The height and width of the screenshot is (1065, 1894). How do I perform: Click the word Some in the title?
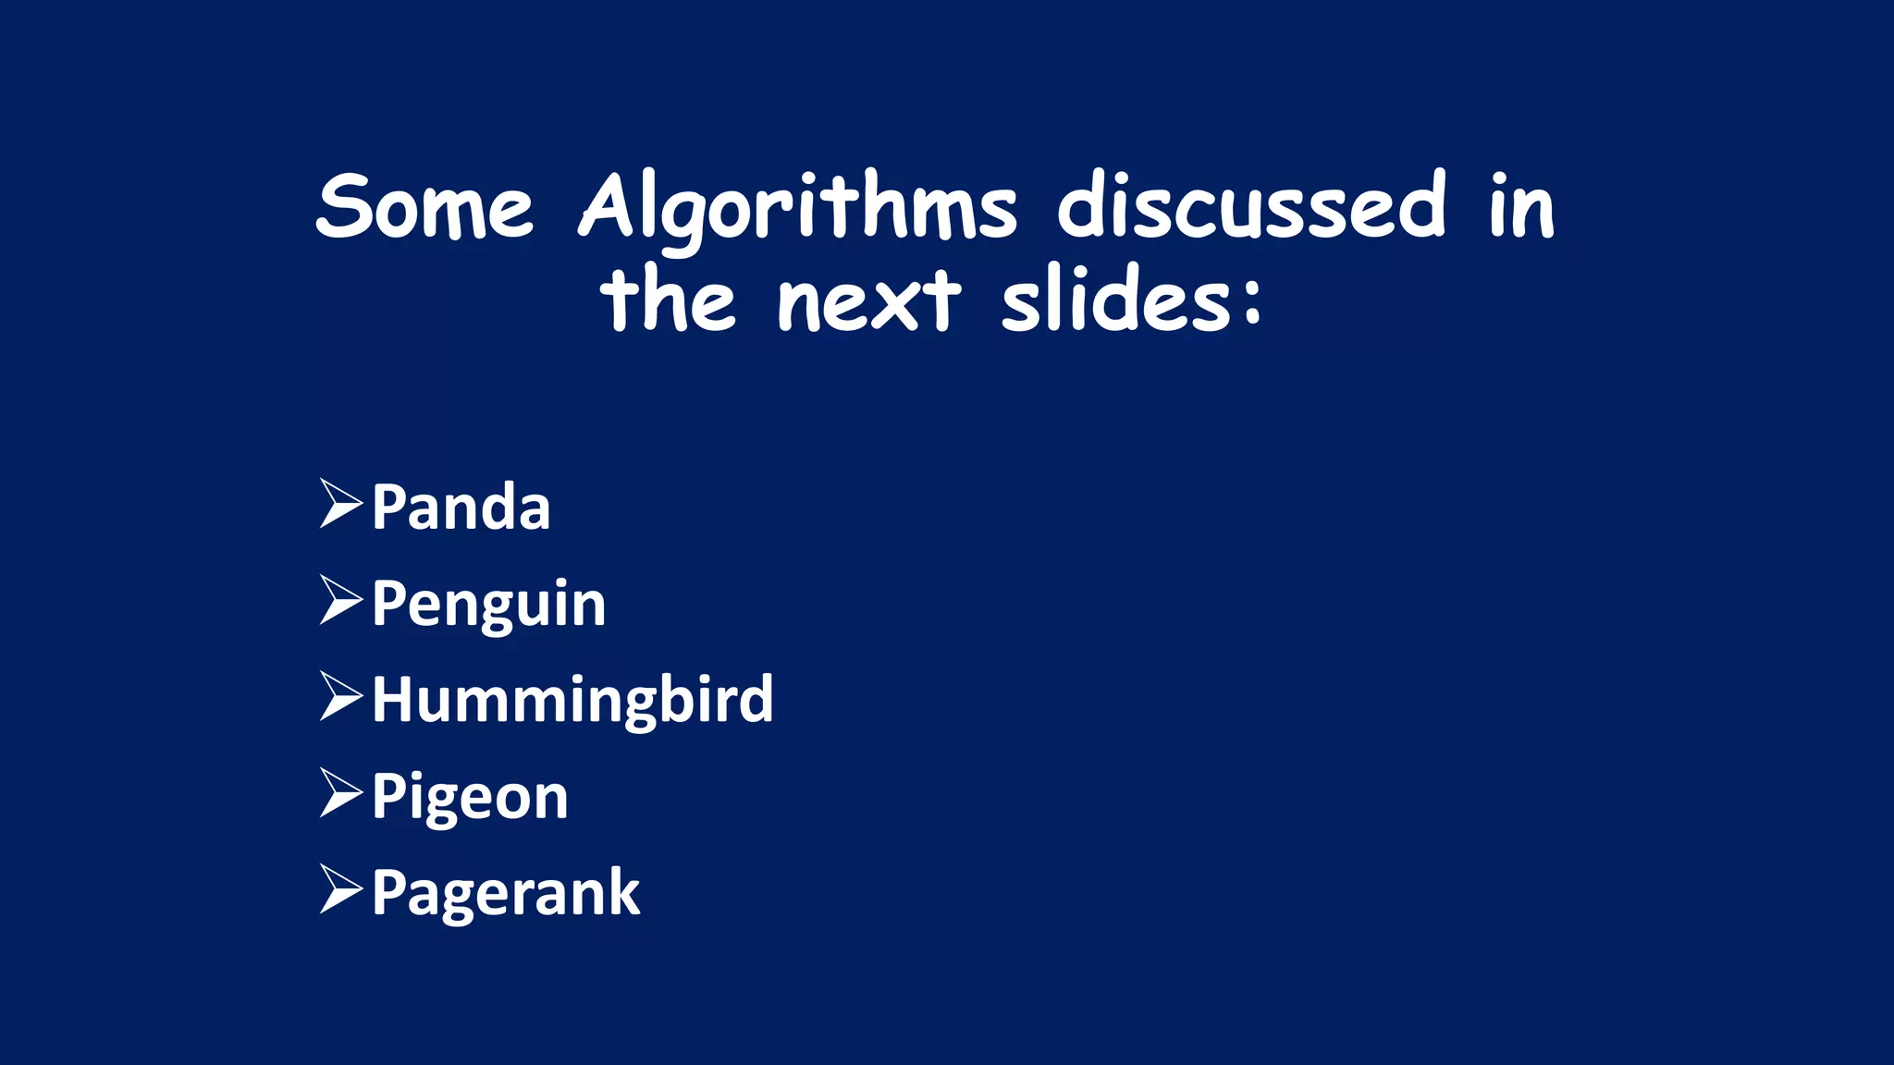point(424,207)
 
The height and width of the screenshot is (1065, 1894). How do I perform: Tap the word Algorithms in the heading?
point(797,209)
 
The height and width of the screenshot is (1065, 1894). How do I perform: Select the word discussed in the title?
point(1251,205)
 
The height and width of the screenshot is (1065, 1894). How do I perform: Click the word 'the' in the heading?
point(668,300)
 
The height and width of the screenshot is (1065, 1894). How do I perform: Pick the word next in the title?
point(868,301)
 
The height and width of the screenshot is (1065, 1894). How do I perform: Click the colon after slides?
point(1252,301)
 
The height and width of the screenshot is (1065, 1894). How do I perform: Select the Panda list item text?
point(461,507)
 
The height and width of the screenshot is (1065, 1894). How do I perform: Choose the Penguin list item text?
point(488,605)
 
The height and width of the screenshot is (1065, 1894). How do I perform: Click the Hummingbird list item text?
point(572,700)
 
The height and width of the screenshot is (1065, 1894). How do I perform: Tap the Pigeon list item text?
point(470,797)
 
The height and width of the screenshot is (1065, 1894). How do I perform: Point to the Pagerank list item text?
point(505,893)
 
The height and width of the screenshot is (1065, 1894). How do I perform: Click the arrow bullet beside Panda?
point(339,504)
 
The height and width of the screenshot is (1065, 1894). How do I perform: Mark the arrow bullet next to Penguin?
point(339,600)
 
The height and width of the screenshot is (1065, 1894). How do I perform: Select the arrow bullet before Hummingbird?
point(339,696)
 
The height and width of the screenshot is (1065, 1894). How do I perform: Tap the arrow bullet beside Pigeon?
point(339,792)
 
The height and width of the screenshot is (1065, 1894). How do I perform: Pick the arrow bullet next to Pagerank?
point(339,889)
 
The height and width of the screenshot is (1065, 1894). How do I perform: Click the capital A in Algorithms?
point(611,205)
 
